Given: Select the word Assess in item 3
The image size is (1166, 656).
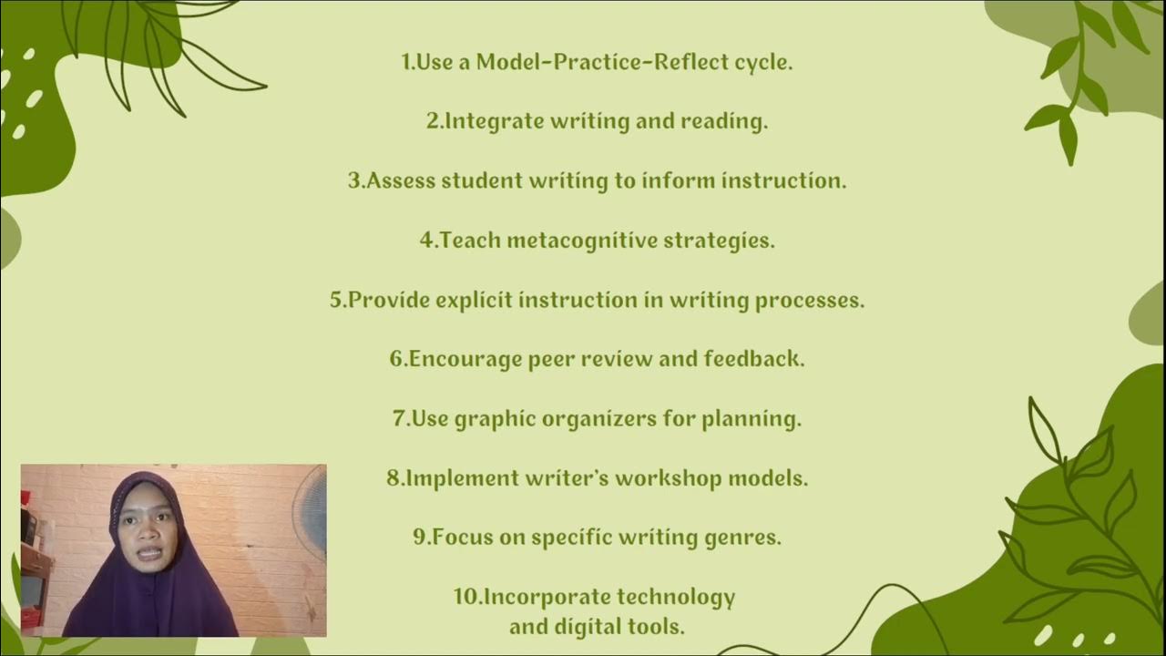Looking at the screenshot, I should pyautogui.click(x=401, y=181).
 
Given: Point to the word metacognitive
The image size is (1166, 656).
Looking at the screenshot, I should pyautogui.click(x=582, y=241).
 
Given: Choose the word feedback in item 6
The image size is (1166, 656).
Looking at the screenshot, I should pyautogui.click(x=753, y=359).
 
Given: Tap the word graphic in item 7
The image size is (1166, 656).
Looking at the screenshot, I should pyautogui.click(x=495, y=420).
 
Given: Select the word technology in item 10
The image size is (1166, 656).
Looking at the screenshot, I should pyautogui.click(x=676, y=598).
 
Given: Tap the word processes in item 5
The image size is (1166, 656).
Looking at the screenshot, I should pyautogui.click(x=810, y=301).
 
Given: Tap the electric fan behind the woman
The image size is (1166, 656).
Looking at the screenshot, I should pyautogui.click(x=312, y=515).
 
